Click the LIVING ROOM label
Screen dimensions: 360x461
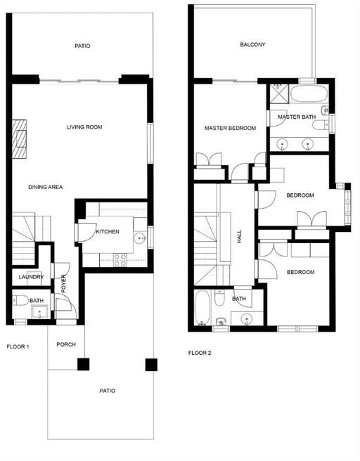tap(84, 127)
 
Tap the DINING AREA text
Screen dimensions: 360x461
tap(45, 187)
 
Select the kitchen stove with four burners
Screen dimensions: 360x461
tap(120, 260)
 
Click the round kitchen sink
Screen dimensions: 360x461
tap(140, 238)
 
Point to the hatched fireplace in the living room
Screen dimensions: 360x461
tap(19, 138)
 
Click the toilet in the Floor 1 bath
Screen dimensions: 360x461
tap(20, 301)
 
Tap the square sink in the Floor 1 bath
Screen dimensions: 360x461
tap(39, 312)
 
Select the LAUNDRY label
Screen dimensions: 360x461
tap(31, 277)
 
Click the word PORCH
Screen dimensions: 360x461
tap(66, 344)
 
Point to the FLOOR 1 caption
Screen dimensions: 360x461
tap(18, 347)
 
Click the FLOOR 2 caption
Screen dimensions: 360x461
tap(200, 353)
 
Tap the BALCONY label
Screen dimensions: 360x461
tap(252, 44)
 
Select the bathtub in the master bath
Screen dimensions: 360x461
tap(309, 93)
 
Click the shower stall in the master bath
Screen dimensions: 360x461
tap(279, 93)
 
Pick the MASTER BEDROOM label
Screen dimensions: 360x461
tap(230, 128)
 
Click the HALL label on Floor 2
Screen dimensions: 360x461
tap(239, 236)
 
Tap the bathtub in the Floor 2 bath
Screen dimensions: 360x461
tap(202, 308)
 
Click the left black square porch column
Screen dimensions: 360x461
tap(83, 364)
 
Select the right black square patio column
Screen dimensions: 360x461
tap(151, 365)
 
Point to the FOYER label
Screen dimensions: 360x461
tap(63, 284)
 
